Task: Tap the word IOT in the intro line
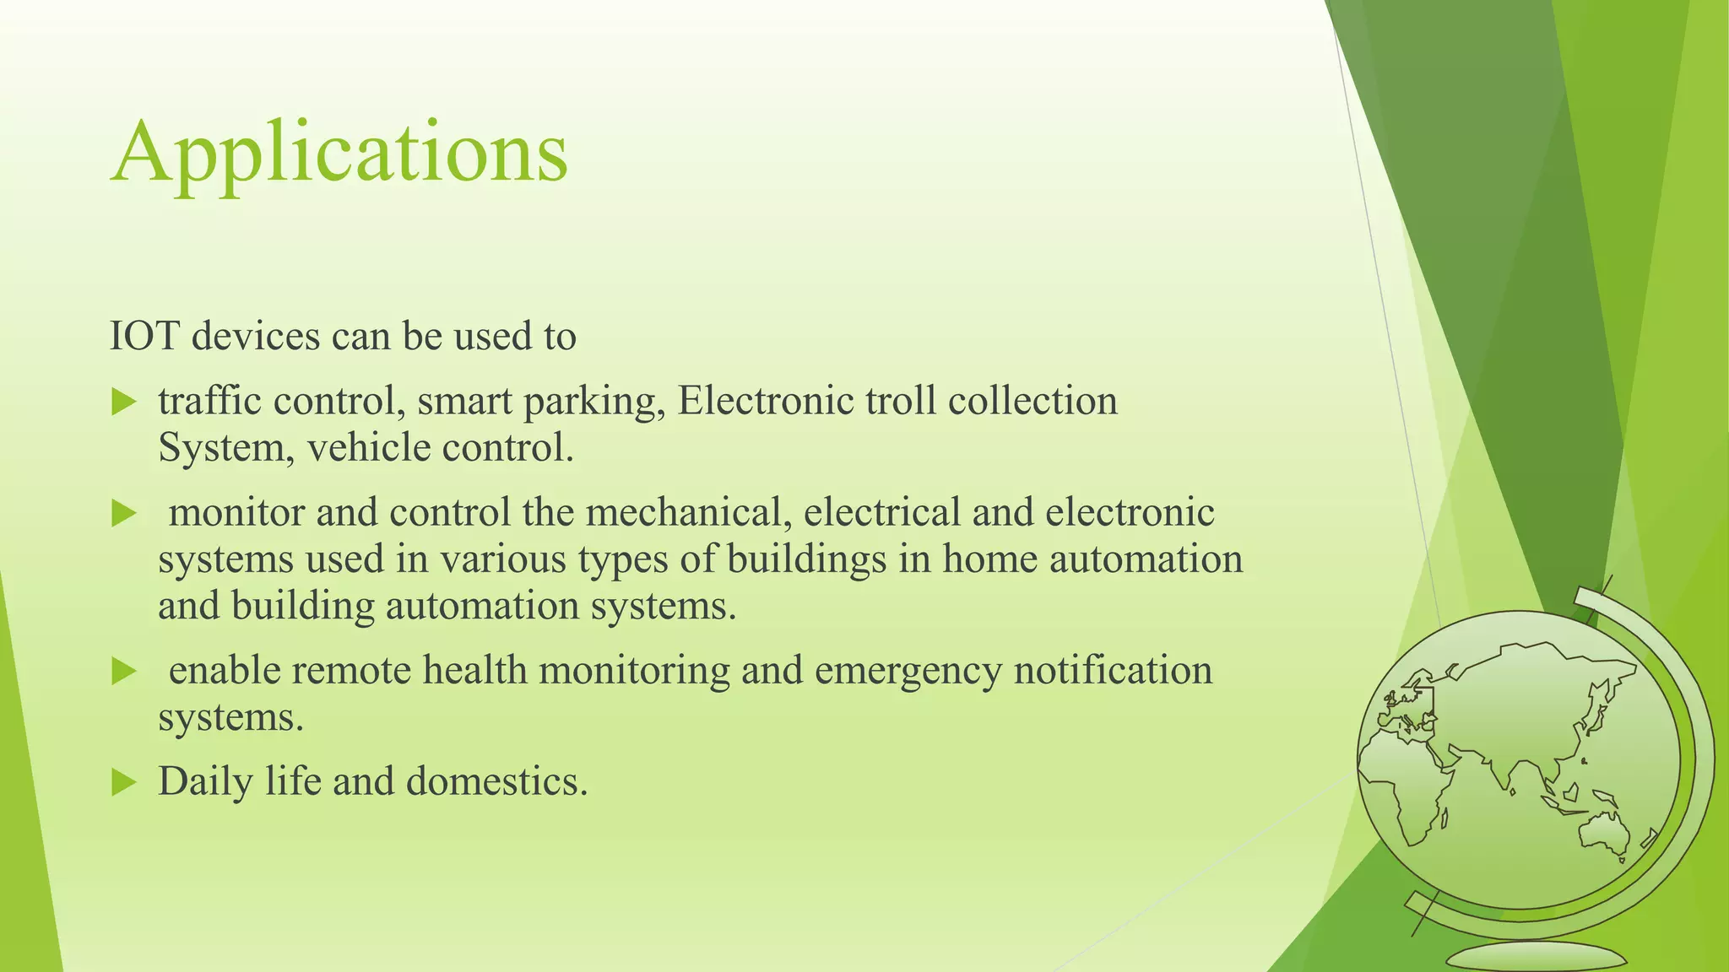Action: pos(144,337)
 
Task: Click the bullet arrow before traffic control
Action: pos(123,402)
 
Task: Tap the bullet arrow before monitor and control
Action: pos(123,513)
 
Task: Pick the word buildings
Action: pos(806,559)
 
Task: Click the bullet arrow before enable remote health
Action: pos(123,672)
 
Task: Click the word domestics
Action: pos(496,781)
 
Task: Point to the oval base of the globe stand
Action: pos(1536,958)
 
